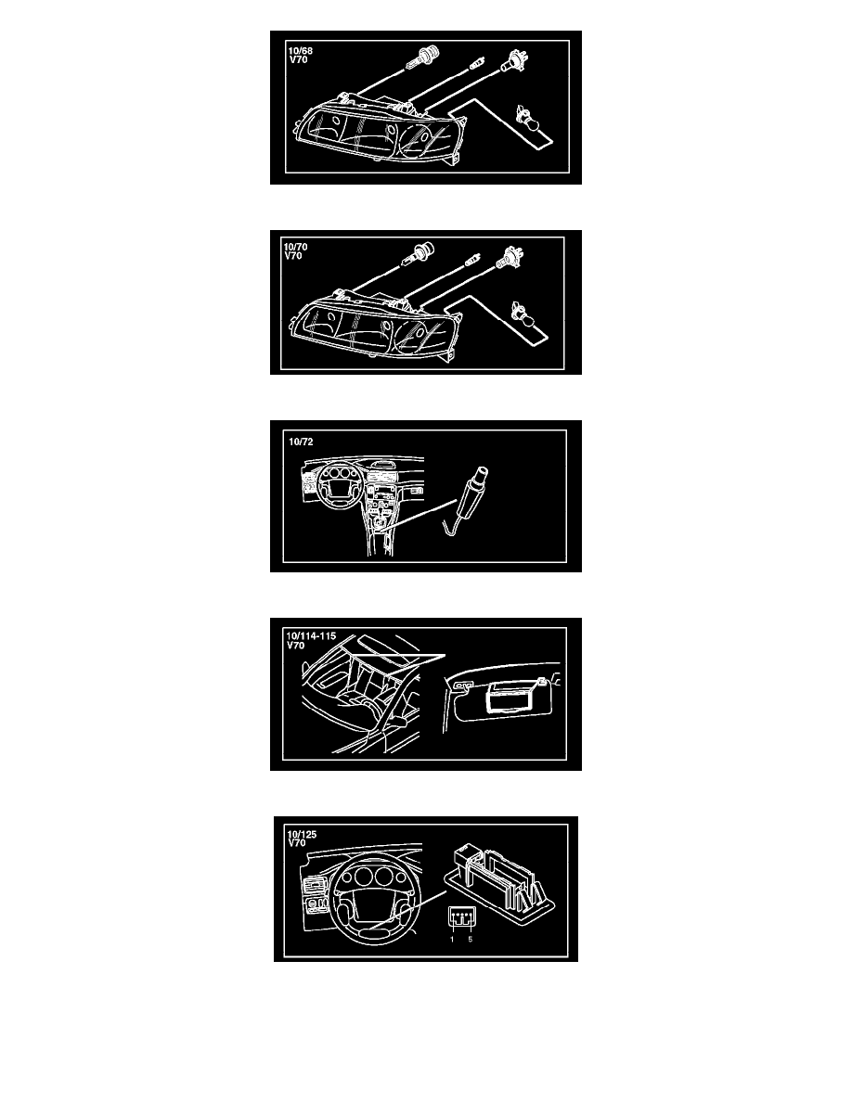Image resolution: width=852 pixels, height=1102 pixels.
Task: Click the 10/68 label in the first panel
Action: pyautogui.click(x=300, y=51)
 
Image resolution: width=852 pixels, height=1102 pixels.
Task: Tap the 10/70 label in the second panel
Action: pyautogui.click(x=295, y=247)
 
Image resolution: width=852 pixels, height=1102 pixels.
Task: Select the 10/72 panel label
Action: pyautogui.click(x=301, y=442)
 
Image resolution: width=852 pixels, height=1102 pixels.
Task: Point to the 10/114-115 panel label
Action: pyautogui.click(x=311, y=635)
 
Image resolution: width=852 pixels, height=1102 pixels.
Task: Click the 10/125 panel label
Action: pyautogui.click(x=302, y=834)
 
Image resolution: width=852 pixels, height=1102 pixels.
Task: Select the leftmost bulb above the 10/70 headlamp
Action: pyautogui.click(x=420, y=251)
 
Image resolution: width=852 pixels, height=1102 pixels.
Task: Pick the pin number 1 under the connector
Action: pyautogui.click(x=452, y=939)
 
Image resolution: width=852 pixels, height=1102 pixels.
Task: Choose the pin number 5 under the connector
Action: pyautogui.click(x=471, y=939)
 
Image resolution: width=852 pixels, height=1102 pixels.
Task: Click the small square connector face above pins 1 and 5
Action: pyautogui.click(x=461, y=916)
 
